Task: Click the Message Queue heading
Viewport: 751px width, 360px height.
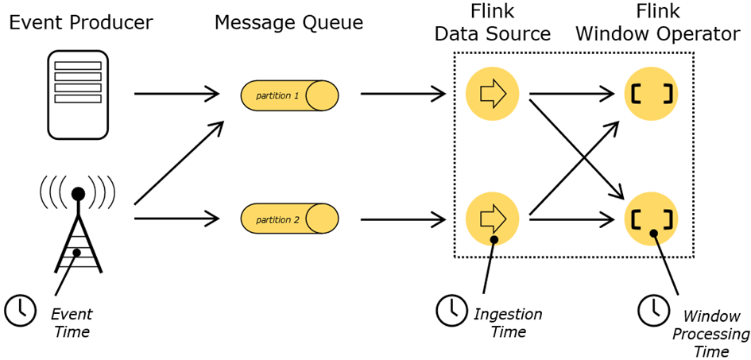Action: point(288,22)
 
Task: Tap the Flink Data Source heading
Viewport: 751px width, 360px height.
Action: point(493,24)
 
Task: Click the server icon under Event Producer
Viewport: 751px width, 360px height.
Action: point(78,94)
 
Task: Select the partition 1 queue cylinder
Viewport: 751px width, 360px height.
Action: point(289,95)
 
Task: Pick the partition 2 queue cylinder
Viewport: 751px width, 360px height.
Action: point(289,219)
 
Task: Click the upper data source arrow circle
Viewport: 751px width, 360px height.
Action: point(493,94)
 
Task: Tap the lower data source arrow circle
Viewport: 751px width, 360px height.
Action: point(493,217)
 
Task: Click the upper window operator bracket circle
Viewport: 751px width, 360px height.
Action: point(652,94)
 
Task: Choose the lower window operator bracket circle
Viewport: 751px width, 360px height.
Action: point(652,217)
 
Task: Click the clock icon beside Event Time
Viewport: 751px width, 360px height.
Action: point(20,310)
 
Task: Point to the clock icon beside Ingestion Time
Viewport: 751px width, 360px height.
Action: point(451,310)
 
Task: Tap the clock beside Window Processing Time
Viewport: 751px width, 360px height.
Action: point(654,310)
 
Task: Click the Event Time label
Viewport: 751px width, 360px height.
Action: point(72,322)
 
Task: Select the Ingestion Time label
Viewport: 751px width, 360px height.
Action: point(508,323)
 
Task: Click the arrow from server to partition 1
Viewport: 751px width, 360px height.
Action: point(176,94)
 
